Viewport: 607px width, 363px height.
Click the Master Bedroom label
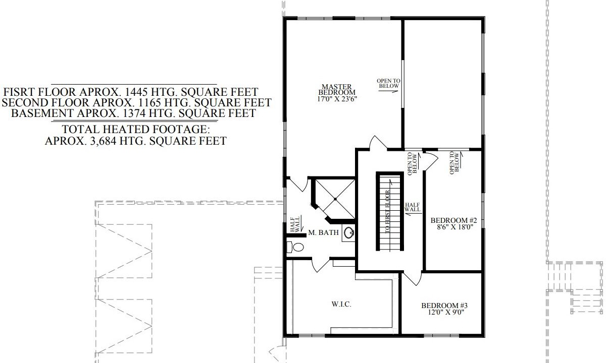tap(337, 90)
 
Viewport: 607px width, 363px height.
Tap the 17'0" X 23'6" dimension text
tap(337, 99)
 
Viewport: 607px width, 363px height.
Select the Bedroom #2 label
tap(453, 220)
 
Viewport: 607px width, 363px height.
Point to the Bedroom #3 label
tap(444, 306)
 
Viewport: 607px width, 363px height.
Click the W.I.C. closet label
tap(341, 305)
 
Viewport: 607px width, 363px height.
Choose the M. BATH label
tap(324, 232)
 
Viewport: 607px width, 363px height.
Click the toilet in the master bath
tap(295, 247)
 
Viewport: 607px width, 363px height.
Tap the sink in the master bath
tap(349, 232)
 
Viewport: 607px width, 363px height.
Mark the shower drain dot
tap(335, 199)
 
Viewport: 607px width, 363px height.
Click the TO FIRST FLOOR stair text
tap(387, 212)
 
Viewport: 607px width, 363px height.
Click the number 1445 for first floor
tap(136, 92)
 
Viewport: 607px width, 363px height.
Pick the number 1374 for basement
tap(134, 113)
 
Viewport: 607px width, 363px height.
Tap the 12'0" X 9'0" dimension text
tap(446, 313)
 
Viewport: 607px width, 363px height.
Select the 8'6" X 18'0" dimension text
tap(455, 227)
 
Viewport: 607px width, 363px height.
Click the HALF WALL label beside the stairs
tap(413, 207)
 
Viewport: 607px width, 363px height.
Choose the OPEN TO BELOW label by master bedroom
tap(388, 83)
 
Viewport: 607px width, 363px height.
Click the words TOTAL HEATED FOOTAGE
tap(136, 129)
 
